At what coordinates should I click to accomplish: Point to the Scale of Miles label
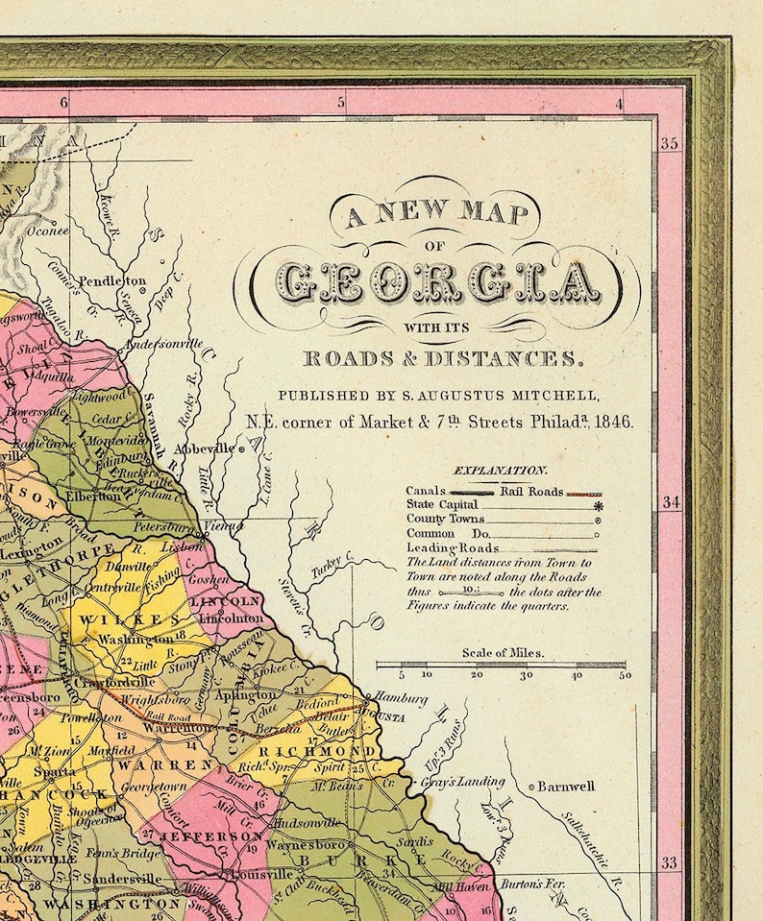pyautogui.click(x=503, y=652)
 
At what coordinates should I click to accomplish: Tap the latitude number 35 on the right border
pyautogui.click(x=670, y=144)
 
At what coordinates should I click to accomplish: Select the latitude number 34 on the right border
pyautogui.click(x=670, y=502)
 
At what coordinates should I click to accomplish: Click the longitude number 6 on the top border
pyautogui.click(x=64, y=103)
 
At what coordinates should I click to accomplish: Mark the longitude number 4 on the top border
pyautogui.click(x=621, y=103)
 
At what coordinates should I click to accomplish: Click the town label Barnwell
pyautogui.click(x=566, y=787)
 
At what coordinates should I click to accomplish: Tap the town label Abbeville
pyautogui.click(x=203, y=448)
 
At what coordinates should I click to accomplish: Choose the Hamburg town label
pyautogui.click(x=401, y=698)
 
